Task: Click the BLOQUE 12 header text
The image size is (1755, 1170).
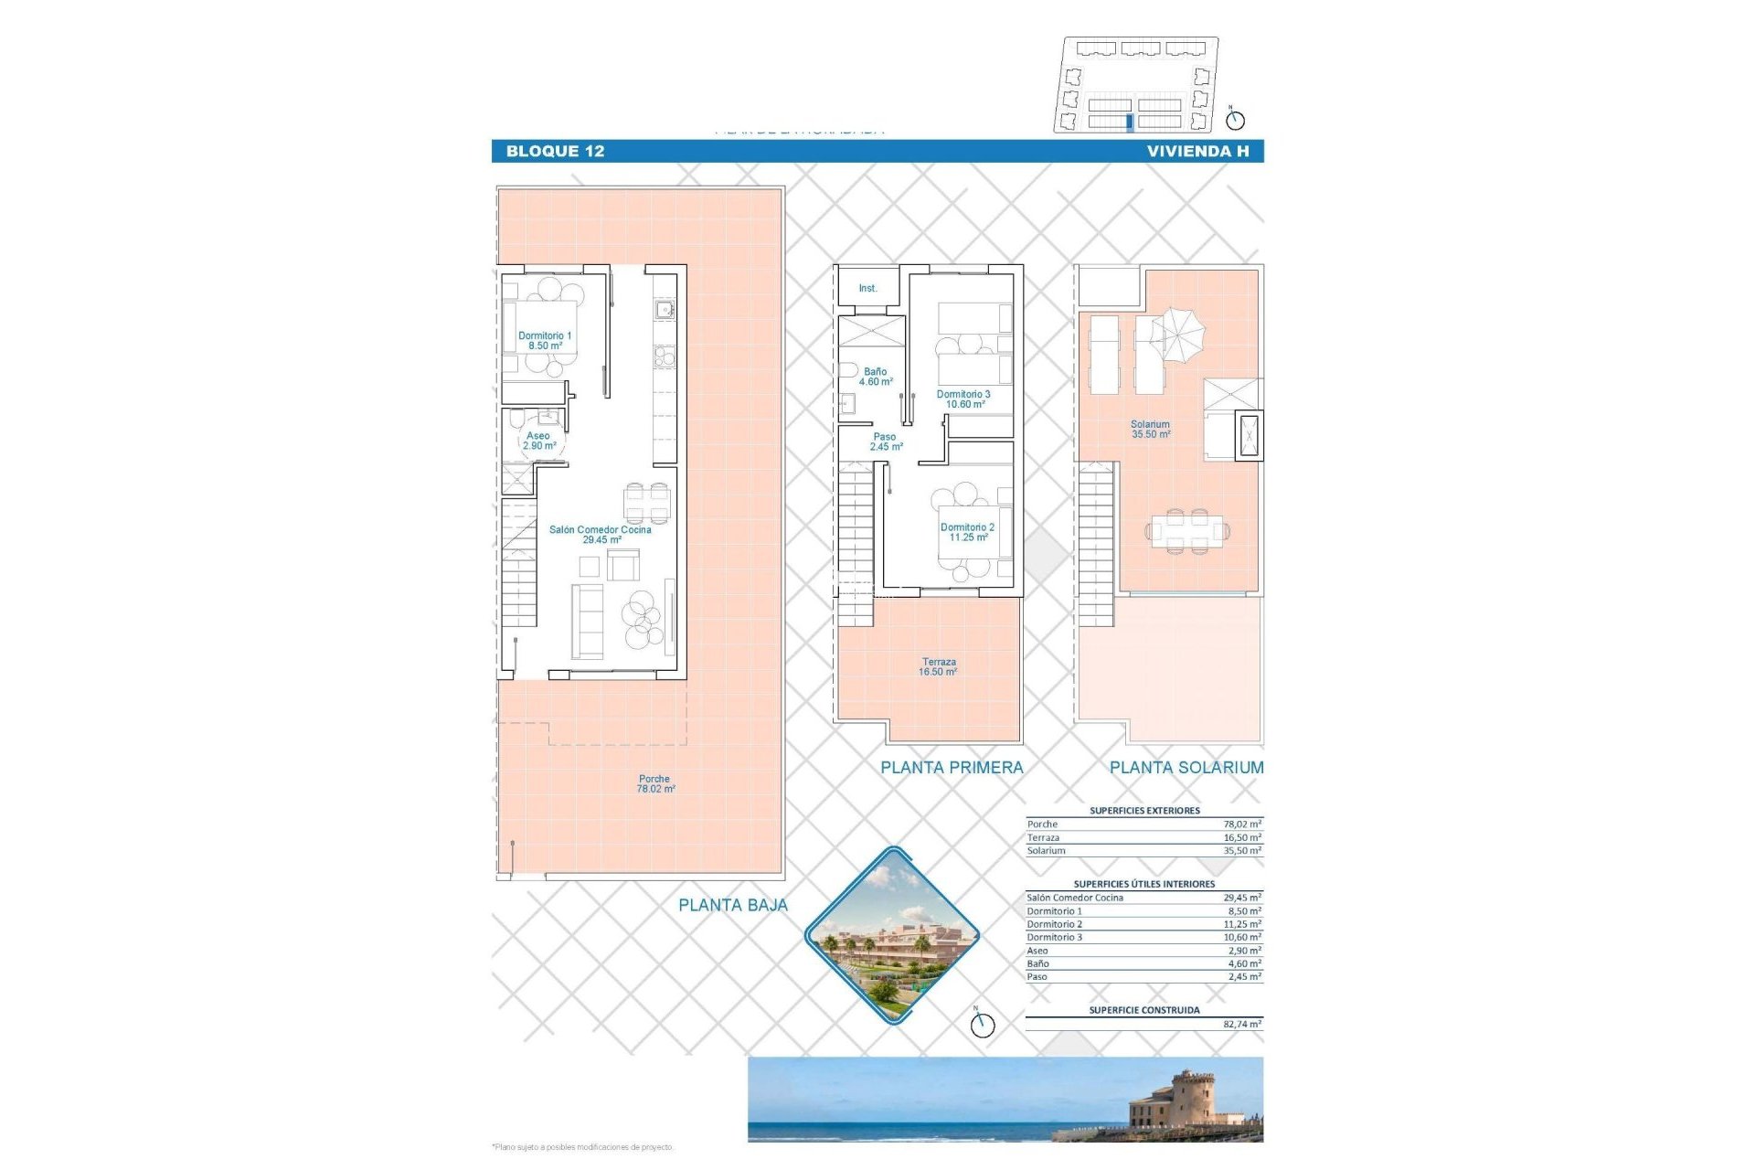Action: (x=555, y=152)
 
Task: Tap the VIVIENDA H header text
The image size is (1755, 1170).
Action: (x=1197, y=152)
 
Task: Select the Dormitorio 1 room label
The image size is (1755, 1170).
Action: (x=545, y=341)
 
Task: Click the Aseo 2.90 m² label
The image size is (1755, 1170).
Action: (x=538, y=441)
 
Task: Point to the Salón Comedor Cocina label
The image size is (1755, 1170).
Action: (x=600, y=535)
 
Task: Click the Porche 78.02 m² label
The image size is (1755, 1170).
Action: (x=655, y=784)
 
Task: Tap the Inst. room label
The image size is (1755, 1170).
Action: (x=867, y=289)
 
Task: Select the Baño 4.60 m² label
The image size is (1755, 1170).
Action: (x=875, y=377)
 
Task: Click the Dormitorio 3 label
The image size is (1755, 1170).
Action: (x=963, y=399)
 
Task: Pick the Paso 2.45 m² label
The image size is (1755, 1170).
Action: (x=885, y=442)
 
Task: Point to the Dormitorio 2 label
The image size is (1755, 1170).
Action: (x=967, y=532)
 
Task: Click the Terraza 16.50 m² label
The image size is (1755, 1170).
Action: (x=938, y=667)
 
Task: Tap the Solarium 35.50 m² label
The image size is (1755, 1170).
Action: (x=1150, y=430)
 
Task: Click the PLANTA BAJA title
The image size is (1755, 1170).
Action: (x=732, y=905)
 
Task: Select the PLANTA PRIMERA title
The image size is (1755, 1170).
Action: (x=952, y=768)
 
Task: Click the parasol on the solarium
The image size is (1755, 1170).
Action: (x=1177, y=333)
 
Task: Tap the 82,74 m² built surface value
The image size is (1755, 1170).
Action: (x=1241, y=1025)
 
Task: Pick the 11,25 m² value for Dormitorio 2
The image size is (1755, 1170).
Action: (x=1241, y=924)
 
